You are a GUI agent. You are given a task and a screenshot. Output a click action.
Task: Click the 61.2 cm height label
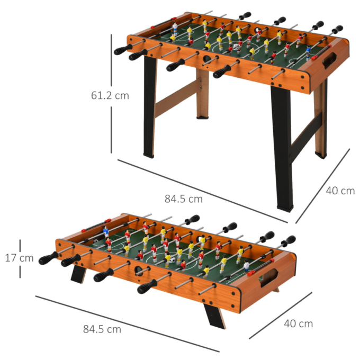pyautogui.click(x=110, y=96)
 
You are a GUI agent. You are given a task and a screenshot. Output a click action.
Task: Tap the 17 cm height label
pyautogui.click(x=20, y=258)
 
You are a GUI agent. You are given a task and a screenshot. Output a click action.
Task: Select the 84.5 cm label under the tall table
pyautogui.click(x=184, y=199)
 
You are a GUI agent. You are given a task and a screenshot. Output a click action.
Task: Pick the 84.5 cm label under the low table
pyautogui.click(x=102, y=329)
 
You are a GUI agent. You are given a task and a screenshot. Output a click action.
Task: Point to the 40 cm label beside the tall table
pyautogui.click(x=340, y=191)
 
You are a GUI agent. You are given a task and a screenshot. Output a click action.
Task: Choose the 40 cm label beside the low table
pyautogui.click(x=298, y=323)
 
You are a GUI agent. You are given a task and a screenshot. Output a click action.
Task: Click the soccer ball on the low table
pyautogui.click(x=168, y=259)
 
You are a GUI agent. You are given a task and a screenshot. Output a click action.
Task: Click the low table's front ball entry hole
pyautogui.click(x=139, y=270)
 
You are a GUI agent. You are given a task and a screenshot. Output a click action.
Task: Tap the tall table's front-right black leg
pyautogui.click(x=282, y=148)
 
